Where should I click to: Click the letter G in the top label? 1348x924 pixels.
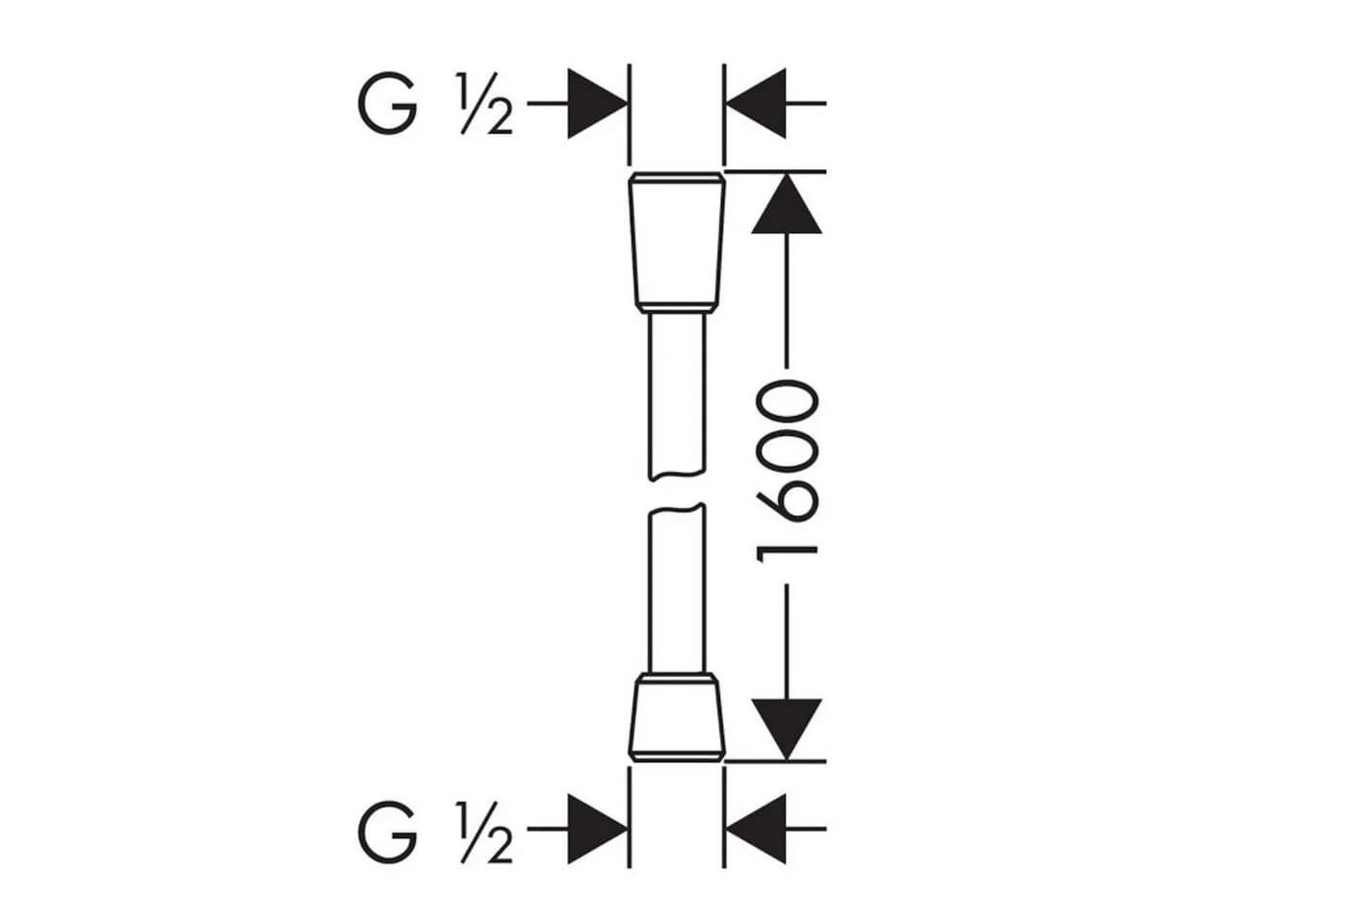coord(387,103)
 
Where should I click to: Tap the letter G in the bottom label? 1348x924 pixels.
coord(387,831)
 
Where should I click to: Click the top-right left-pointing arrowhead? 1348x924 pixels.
coord(756,104)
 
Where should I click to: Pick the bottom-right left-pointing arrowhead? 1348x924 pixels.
coord(756,829)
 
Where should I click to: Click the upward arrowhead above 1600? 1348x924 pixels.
coord(787,203)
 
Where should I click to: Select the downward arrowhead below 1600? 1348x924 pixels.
coord(787,730)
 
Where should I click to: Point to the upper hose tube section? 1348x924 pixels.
coord(676,396)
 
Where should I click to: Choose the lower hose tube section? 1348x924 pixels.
coord(676,588)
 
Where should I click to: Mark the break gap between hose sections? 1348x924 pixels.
coord(676,493)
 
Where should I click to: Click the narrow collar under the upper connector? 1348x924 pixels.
coord(676,309)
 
